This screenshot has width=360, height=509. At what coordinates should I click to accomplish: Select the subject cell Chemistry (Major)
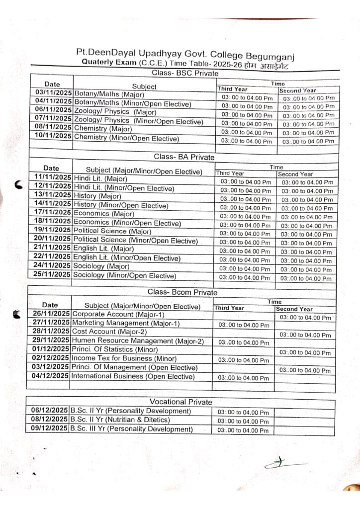click(x=103, y=129)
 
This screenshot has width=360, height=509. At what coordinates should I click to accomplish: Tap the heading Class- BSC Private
click(x=184, y=74)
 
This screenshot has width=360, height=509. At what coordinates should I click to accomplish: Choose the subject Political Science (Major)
click(x=112, y=231)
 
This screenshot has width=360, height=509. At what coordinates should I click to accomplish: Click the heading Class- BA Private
click(x=184, y=157)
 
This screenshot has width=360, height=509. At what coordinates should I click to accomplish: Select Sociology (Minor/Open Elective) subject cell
click(x=124, y=275)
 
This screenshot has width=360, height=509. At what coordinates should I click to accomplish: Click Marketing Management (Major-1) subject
click(x=119, y=323)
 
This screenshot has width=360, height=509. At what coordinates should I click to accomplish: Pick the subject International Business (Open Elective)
click(x=133, y=376)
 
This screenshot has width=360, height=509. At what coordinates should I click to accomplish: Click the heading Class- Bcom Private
click(x=182, y=292)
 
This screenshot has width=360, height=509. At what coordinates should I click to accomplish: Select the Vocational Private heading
click(x=181, y=402)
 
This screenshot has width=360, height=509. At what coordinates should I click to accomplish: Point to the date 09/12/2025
click(x=49, y=428)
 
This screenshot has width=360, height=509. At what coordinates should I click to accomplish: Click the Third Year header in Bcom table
click(x=229, y=308)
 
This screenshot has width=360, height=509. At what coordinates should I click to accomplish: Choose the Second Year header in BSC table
click(x=297, y=91)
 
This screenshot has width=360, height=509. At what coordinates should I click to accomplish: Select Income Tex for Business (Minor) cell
click(x=124, y=358)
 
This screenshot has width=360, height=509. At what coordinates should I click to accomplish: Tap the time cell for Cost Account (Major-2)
click(x=305, y=335)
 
